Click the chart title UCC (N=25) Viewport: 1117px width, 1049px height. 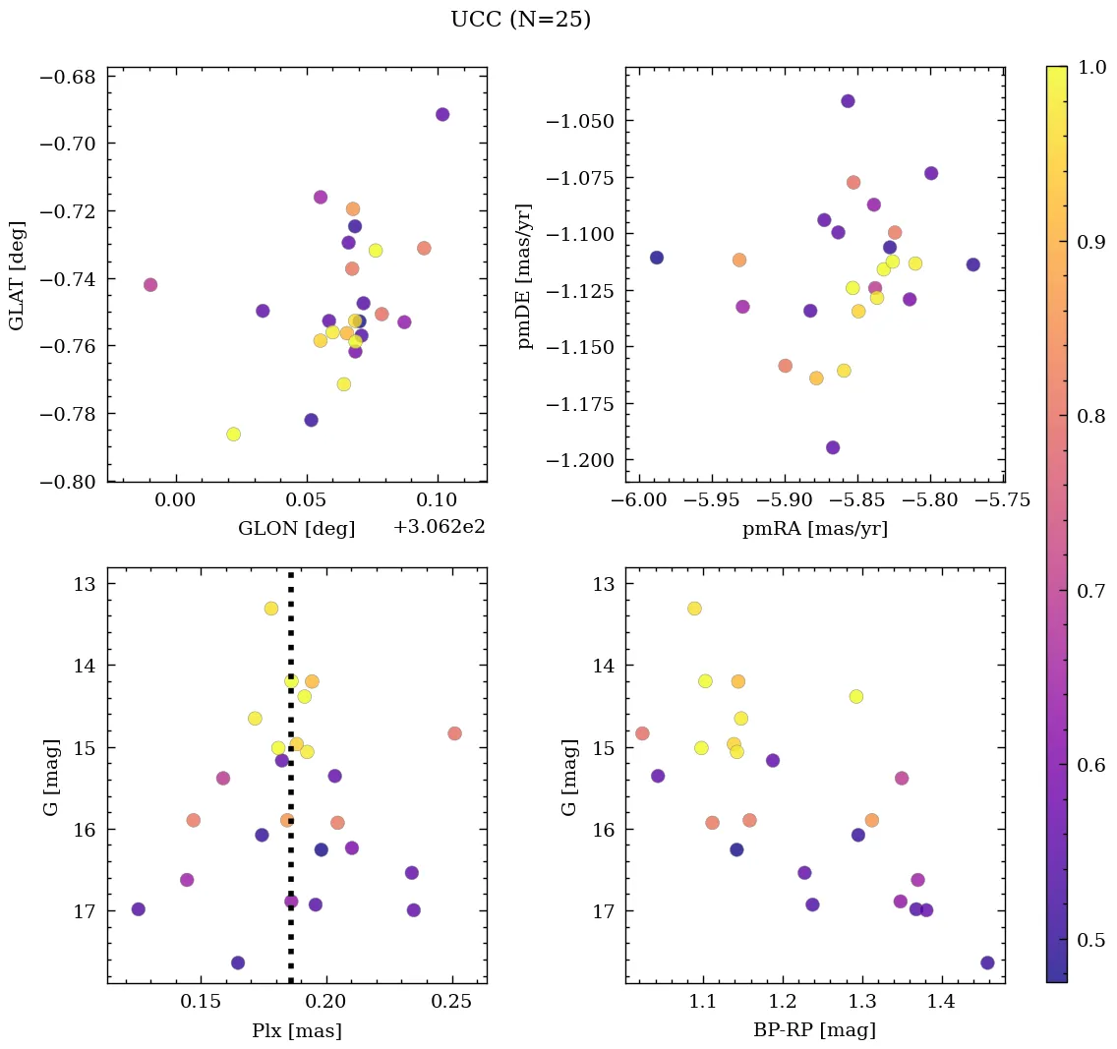tap(520, 20)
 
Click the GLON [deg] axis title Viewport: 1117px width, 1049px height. tap(296, 529)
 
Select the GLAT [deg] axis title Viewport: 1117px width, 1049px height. tap(17, 275)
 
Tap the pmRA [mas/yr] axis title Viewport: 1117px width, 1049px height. tap(814, 529)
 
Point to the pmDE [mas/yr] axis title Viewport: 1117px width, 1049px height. tap(525, 275)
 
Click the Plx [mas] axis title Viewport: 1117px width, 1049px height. tap(296, 1031)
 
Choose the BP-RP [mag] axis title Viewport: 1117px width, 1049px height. tap(814, 1031)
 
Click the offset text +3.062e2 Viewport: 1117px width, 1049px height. tap(439, 527)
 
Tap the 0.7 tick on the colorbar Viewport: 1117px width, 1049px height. tap(1091, 590)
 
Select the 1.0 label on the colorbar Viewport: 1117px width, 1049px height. tap(1091, 67)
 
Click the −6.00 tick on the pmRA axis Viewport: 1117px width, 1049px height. tap(639, 500)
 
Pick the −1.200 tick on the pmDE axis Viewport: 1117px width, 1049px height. tap(588, 461)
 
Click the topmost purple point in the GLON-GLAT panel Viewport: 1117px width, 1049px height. tap(442, 115)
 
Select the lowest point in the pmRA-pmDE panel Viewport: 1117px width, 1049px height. tap(833, 448)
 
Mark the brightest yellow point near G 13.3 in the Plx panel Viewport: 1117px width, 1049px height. tap(271, 609)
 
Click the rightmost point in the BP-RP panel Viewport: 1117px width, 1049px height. tap(987, 962)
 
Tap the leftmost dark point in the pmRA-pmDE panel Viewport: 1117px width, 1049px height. tap(657, 258)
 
